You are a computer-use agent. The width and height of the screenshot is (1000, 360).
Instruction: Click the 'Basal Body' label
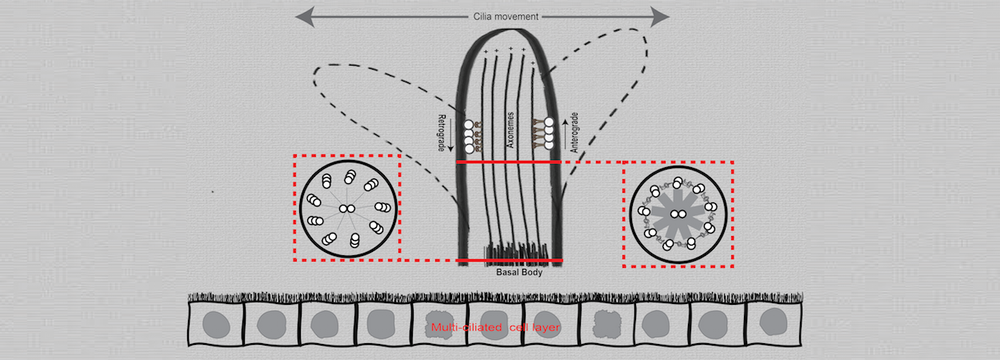point(510,270)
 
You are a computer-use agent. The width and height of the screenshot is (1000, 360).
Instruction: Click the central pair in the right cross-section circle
point(678,214)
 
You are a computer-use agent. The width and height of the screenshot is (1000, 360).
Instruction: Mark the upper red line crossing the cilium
point(508,162)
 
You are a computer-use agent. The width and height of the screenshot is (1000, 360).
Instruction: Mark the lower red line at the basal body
point(510,261)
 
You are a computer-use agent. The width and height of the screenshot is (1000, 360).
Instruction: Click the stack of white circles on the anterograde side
point(550,132)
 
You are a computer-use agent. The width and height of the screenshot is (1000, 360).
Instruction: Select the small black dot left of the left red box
point(212,191)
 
